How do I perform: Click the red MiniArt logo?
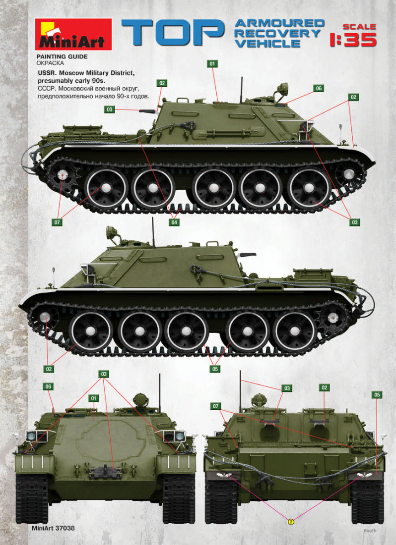pos(73,34)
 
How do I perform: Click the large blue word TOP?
pos(173,32)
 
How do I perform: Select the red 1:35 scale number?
pos(353,40)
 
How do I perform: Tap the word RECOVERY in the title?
pos(277,33)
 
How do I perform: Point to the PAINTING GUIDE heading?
pos(62,56)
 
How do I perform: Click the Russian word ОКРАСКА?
pos(50,63)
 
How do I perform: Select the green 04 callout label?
pos(174,222)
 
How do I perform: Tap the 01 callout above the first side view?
pos(212,63)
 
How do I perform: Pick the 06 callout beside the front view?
pos(48,386)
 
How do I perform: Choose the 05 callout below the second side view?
pos(215,369)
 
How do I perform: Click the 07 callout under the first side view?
pos(57,222)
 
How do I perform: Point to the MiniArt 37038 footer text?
pos(53,528)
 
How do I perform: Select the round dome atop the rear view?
pos(259,400)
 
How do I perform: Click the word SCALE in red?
pos(359,27)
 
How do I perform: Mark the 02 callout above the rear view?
pos(325,387)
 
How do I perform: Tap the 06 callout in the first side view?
pos(319,88)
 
